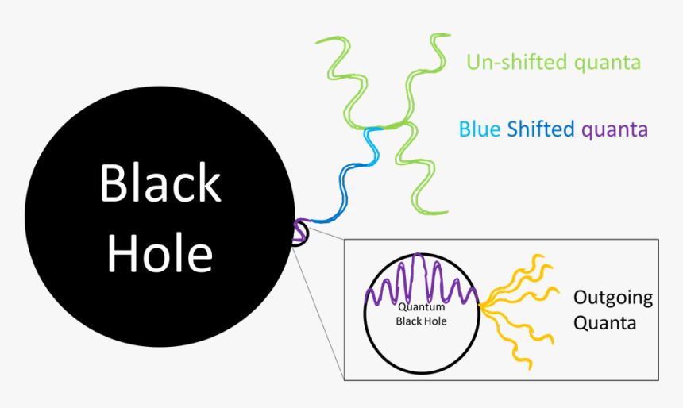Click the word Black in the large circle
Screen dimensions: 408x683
click(160, 183)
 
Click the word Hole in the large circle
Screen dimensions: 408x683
click(160, 254)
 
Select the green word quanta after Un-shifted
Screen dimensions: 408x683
click(604, 62)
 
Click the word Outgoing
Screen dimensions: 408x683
click(612, 298)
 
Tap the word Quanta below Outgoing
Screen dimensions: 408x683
click(604, 324)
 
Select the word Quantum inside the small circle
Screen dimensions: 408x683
click(422, 307)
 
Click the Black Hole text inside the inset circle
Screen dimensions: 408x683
click(422, 321)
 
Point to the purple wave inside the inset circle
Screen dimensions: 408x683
click(421, 282)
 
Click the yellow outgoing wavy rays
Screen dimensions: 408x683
click(516, 302)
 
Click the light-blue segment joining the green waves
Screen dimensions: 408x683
click(371, 143)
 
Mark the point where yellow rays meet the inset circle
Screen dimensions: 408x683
click(480, 302)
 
